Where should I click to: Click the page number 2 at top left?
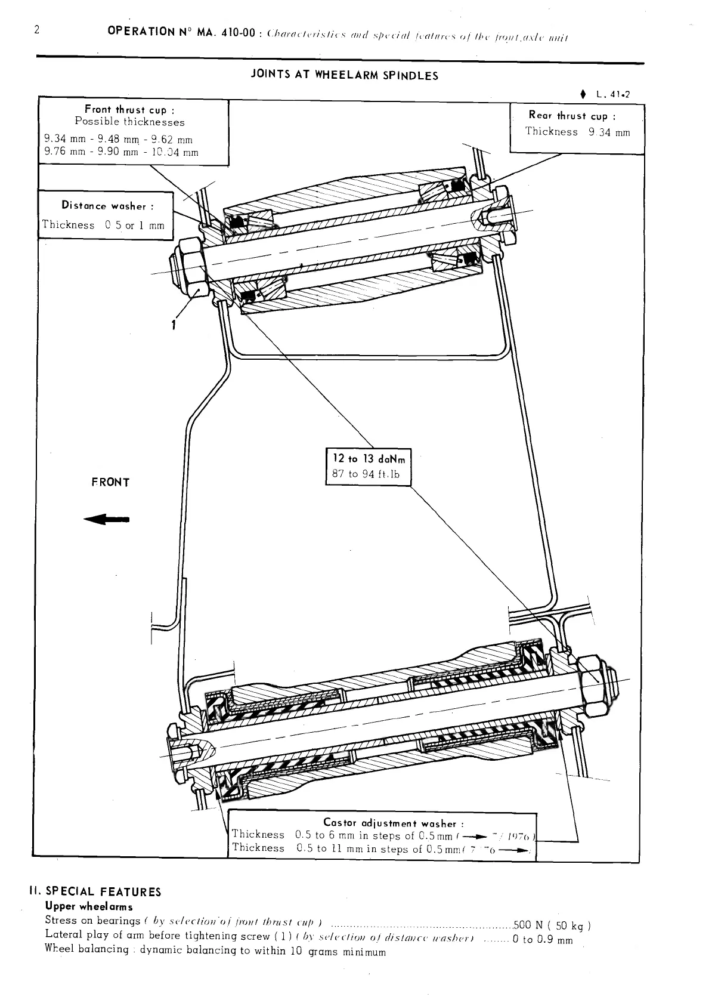[x=36, y=30]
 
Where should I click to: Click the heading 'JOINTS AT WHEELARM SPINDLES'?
[x=345, y=76]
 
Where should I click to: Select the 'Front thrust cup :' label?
[x=129, y=110]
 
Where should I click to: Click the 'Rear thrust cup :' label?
[x=572, y=116]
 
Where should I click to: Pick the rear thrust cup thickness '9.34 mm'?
[x=608, y=132]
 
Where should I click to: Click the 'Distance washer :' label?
[x=107, y=206]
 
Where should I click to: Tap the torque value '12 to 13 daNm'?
[x=369, y=459]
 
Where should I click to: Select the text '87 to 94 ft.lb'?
[x=366, y=475]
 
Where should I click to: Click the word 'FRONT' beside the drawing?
[x=110, y=482]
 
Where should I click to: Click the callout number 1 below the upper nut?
[x=174, y=325]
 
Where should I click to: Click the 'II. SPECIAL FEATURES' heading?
[x=95, y=892]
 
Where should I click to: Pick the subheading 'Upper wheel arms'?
[x=89, y=907]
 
